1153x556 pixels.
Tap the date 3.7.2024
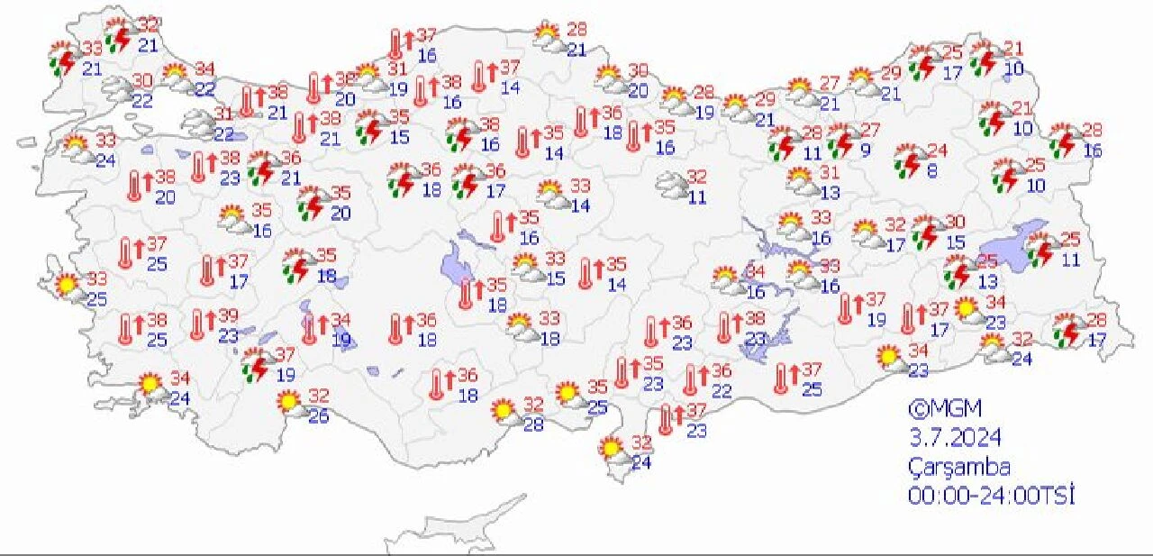[954, 437]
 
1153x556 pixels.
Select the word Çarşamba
[958, 467]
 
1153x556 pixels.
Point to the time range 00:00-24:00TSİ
[992, 496]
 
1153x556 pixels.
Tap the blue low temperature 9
[865, 150]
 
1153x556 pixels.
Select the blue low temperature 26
[319, 415]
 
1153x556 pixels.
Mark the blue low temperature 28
[533, 424]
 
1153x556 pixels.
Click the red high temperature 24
[938, 150]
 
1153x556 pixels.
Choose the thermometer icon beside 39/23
[198, 324]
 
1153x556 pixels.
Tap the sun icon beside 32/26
[289, 401]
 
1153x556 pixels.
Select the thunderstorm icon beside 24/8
[909, 163]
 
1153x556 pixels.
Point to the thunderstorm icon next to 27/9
[841, 141]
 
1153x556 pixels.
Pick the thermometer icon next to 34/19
[311, 329]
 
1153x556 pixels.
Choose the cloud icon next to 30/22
[117, 87]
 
